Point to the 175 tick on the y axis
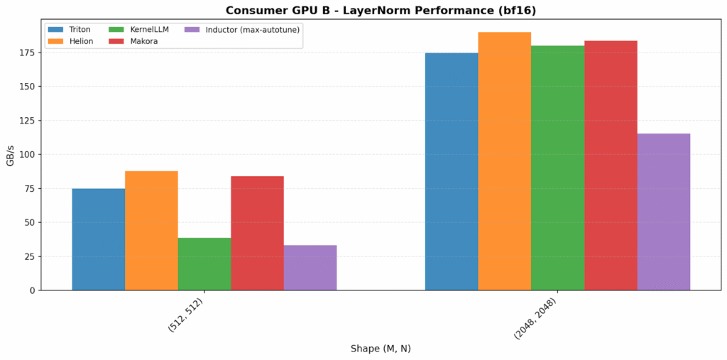pyautogui.click(x=28, y=53)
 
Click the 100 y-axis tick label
pyautogui.click(x=28, y=155)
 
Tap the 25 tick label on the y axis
pyautogui.click(x=30, y=256)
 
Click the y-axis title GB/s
pyautogui.click(x=10, y=154)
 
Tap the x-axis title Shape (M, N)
pyautogui.click(x=381, y=349)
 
